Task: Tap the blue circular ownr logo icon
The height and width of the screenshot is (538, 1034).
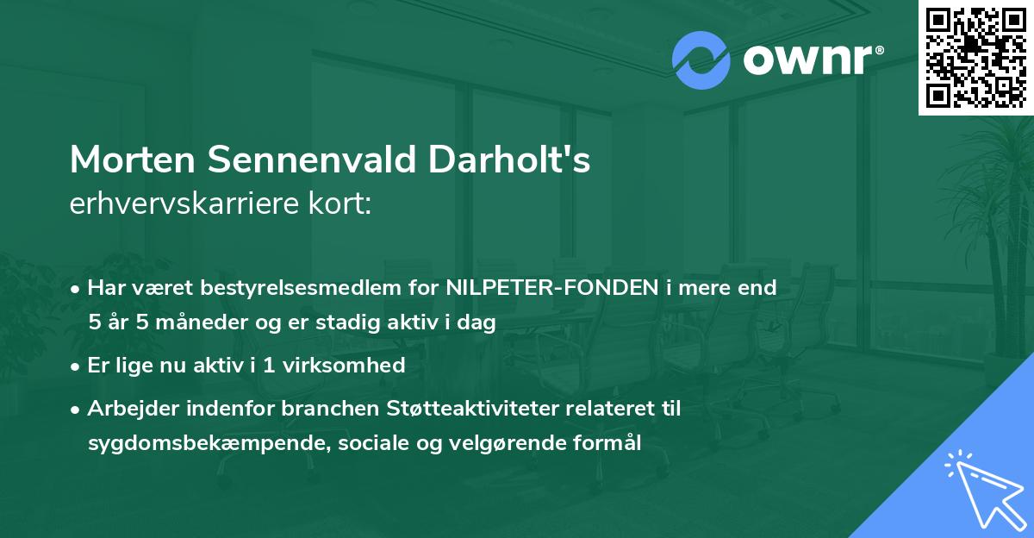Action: click(x=701, y=60)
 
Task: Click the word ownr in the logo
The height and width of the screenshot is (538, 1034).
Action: click(x=811, y=59)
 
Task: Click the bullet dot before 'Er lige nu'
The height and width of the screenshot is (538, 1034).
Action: click(x=76, y=366)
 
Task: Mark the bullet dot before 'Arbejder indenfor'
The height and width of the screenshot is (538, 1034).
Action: click(x=76, y=409)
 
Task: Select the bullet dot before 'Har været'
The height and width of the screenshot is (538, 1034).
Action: click(x=76, y=287)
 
